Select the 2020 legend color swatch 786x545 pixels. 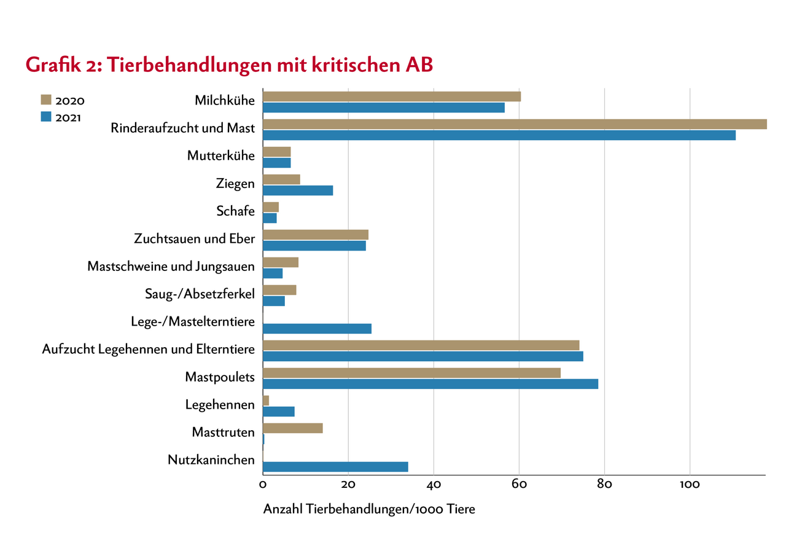47,100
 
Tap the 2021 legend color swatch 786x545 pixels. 47,117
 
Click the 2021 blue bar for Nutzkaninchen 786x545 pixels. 335,467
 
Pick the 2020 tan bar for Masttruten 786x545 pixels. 292,428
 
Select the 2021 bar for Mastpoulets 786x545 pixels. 430,384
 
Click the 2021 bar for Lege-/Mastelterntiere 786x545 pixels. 317,329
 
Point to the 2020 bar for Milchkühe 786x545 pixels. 392,96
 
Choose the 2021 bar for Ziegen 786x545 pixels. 298,190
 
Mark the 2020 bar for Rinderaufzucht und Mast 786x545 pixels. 515,124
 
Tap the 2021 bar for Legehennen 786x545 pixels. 279,412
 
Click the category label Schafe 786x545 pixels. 235,211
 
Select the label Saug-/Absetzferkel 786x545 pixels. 195,294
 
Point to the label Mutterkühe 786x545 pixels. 220,156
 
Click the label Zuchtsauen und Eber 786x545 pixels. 194,239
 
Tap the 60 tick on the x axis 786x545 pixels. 519,484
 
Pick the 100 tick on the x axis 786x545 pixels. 690,484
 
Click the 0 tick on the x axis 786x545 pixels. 263,484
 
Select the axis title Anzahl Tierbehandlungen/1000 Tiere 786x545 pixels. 369,510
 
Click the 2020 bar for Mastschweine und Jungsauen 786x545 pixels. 281,262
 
